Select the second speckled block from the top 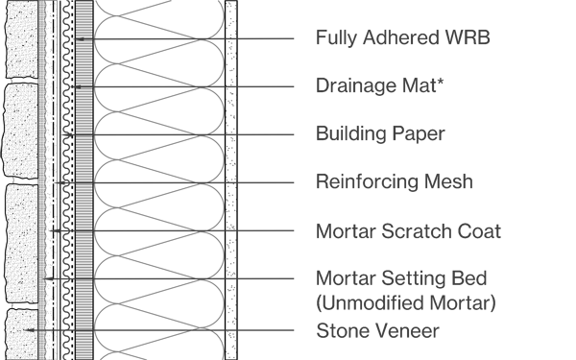tap(21, 130)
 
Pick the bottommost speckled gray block tap(21, 333)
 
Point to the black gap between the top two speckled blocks tap(21, 81)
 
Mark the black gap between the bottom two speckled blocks tap(21, 305)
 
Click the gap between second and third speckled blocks tap(21, 180)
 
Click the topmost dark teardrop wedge tap(134, 39)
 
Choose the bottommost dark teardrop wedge tap(134, 327)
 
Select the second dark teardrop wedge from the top tap(134, 87)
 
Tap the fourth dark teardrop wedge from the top tap(134, 183)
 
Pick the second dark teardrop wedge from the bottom tap(134, 279)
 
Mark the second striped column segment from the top tap(84, 62)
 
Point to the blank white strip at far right tap(538, 180)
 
